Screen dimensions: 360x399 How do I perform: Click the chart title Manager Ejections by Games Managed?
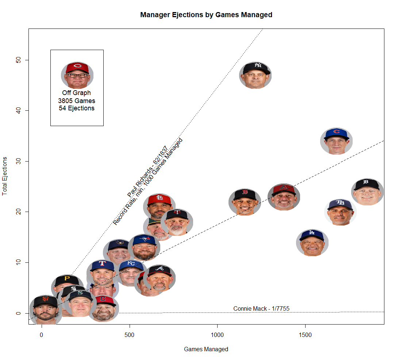pyautogui.click(x=206, y=15)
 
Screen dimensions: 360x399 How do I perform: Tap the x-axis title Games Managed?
pyautogui.click(x=206, y=349)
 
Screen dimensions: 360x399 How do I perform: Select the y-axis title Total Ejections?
pyautogui.click(x=5, y=176)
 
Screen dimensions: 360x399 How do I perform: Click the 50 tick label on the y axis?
pyautogui.click(x=17, y=60)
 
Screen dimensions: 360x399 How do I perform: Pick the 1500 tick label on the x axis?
pyautogui.click(x=305, y=335)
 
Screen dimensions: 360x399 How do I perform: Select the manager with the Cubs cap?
pyautogui.click(x=336, y=141)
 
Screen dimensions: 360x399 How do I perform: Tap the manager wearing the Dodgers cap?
pyautogui.click(x=312, y=243)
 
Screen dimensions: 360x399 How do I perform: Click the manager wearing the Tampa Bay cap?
pyautogui.click(x=340, y=212)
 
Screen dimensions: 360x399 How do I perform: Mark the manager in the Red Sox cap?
pyautogui.click(x=245, y=202)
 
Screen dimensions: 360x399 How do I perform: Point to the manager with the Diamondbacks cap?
pyautogui.click(x=284, y=197)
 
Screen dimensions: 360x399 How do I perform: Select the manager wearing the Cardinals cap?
pyautogui.click(x=159, y=206)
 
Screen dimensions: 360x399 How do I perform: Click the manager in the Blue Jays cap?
pyautogui.click(x=144, y=247)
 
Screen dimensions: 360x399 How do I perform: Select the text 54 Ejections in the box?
pyautogui.click(x=77, y=108)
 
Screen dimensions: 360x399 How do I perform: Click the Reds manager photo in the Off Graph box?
pyautogui.click(x=77, y=75)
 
